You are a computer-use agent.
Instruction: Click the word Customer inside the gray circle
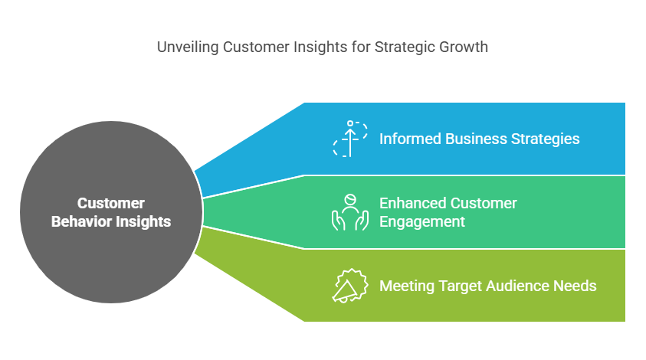point(111,203)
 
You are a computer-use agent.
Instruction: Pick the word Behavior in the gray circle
point(81,221)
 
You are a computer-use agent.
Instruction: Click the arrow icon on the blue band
point(350,139)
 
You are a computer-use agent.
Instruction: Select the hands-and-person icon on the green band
point(350,212)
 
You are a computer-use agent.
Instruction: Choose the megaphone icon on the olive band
point(350,286)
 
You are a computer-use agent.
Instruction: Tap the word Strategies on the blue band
point(546,139)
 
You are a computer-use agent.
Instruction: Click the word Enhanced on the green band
point(412,203)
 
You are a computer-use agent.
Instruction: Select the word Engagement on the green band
point(422,222)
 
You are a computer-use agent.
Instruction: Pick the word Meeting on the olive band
point(407,286)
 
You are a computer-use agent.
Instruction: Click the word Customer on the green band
point(483,203)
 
